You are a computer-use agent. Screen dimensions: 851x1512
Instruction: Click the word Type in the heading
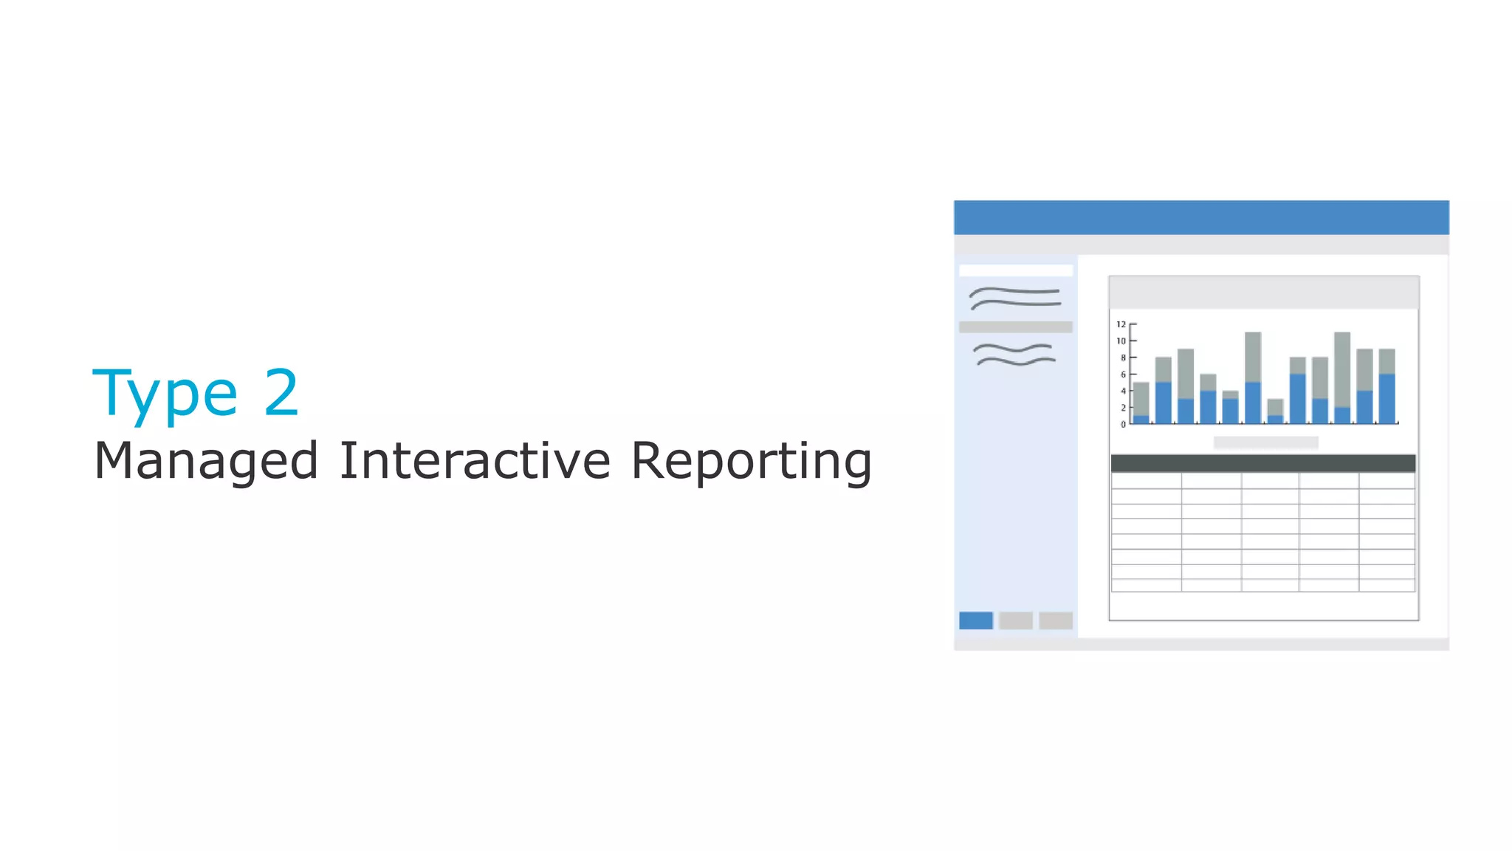165,394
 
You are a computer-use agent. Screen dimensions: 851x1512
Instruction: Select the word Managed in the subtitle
206,461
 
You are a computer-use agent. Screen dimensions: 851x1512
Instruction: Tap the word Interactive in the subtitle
475,459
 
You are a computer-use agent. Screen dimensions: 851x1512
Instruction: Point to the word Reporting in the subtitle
751,461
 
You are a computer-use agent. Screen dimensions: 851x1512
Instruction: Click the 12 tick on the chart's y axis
1121,324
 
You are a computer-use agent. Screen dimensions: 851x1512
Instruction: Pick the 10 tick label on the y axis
1121,341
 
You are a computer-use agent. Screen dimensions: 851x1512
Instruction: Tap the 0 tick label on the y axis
1123,424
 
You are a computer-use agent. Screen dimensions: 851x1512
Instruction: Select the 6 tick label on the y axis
1123,375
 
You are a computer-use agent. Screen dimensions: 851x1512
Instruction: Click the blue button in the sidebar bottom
975,621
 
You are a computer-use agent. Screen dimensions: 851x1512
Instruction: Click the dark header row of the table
1262,463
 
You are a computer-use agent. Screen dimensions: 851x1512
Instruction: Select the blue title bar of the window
1201,217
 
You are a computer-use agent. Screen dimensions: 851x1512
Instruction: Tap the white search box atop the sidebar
1015,270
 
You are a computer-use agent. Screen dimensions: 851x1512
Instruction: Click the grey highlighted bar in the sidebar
1015,327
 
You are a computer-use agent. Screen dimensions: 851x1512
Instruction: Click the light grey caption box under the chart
1265,442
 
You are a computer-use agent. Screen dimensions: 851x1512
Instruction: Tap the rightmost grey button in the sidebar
1055,621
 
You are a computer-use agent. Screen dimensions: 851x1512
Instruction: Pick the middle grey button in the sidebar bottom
1015,621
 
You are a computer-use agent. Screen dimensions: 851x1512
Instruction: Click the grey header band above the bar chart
1263,293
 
